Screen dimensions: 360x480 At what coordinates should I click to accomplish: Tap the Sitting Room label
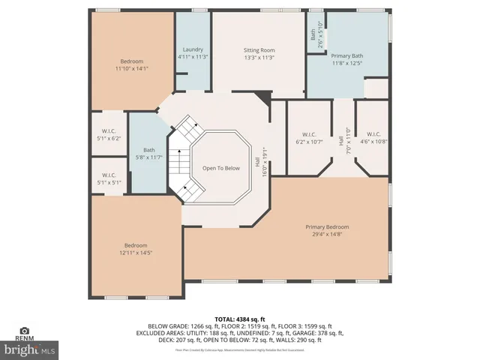click(x=259, y=50)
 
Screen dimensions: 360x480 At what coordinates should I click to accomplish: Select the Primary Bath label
click(x=347, y=55)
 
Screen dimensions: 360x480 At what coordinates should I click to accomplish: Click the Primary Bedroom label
click(x=327, y=226)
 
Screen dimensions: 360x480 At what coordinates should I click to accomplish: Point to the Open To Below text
click(x=221, y=168)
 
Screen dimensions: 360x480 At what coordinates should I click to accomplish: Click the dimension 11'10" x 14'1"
click(x=131, y=69)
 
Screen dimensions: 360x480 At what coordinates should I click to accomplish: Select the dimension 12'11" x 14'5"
click(x=136, y=253)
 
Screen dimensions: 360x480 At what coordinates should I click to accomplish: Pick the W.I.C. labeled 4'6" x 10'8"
click(x=373, y=134)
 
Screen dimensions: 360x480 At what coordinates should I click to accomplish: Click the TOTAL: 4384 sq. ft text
click(x=240, y=319)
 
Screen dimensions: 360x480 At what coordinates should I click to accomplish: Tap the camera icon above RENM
click(x=25, y=330)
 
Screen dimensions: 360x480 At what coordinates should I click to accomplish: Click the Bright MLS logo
click(x=30, y=349)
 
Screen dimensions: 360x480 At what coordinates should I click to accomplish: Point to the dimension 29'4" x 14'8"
click(x=327, y=234)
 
